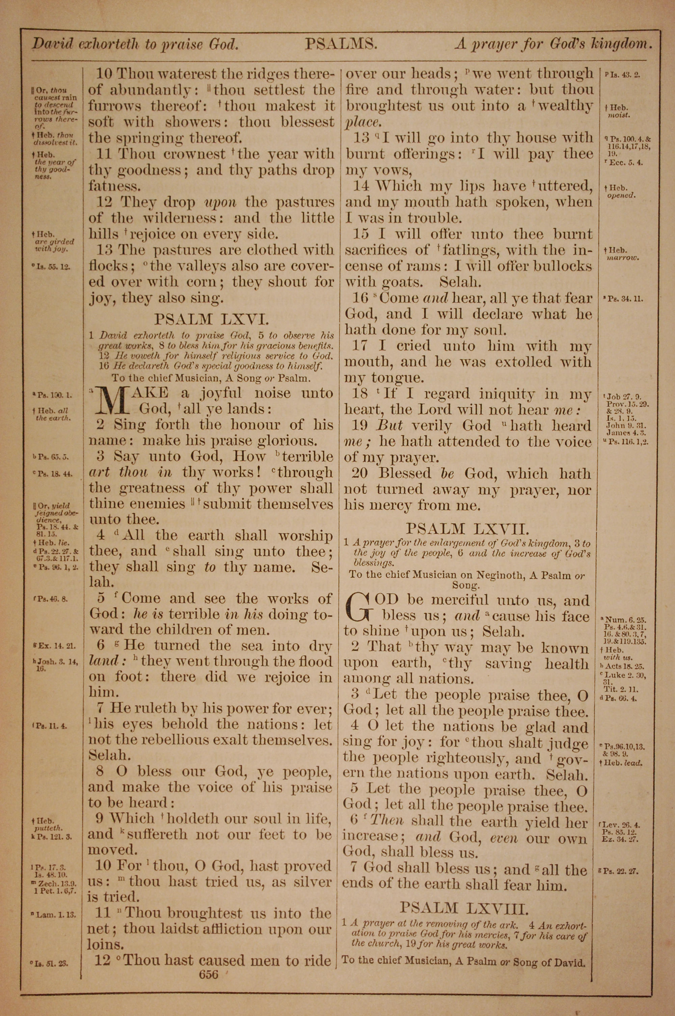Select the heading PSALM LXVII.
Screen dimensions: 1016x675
[x=467, y=529]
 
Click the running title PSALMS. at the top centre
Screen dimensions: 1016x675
[x=341, y=44]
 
